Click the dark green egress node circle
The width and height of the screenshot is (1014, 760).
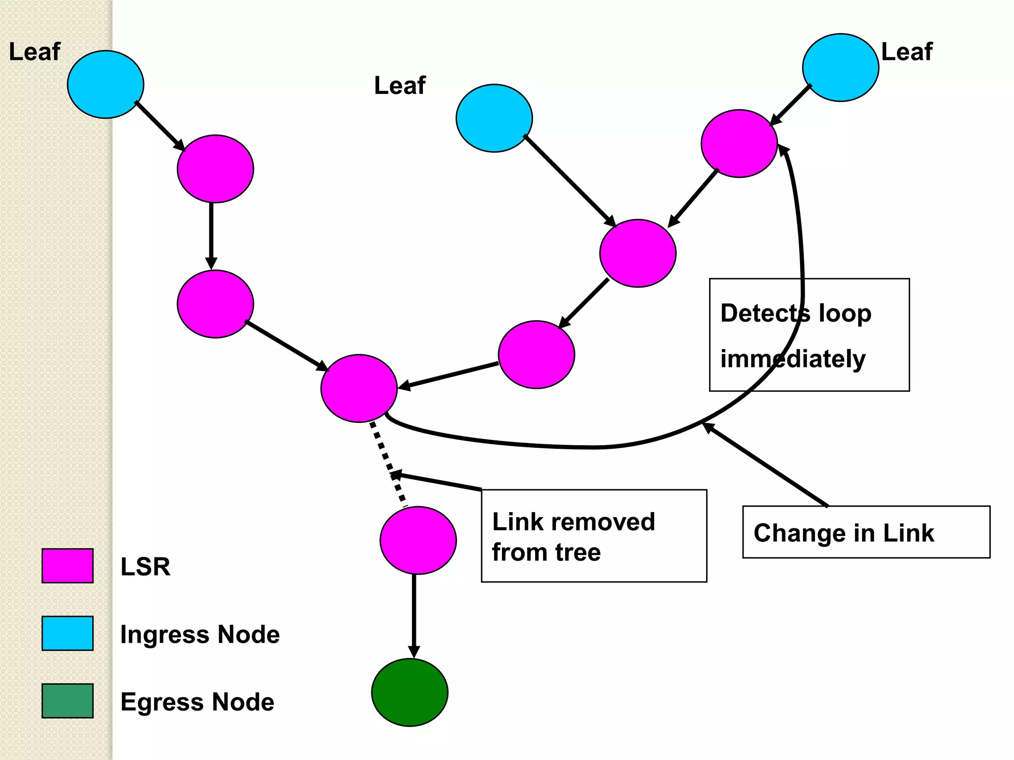410,692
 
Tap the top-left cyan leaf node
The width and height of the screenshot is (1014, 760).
105,84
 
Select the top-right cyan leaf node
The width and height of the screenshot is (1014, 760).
840,68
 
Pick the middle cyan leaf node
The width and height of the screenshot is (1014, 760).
494,118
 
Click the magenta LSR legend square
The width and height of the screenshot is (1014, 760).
67,566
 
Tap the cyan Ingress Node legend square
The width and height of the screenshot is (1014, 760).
67,633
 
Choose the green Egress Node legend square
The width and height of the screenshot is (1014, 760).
67,701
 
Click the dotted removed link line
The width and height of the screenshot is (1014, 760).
388,464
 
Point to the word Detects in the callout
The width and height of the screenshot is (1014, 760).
765,313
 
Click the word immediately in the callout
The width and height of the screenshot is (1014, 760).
793,359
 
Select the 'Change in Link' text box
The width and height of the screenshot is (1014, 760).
866,532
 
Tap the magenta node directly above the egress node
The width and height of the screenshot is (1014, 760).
418,540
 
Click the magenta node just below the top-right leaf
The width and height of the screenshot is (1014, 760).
739,143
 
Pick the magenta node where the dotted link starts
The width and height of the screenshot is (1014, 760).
359,388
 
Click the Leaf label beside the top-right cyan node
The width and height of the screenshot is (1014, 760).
907,52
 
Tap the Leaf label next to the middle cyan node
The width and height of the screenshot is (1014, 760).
400,86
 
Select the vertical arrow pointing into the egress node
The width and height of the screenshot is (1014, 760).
414,616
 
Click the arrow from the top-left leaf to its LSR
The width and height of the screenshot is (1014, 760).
160,126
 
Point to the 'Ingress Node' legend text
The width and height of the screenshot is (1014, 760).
200,634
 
